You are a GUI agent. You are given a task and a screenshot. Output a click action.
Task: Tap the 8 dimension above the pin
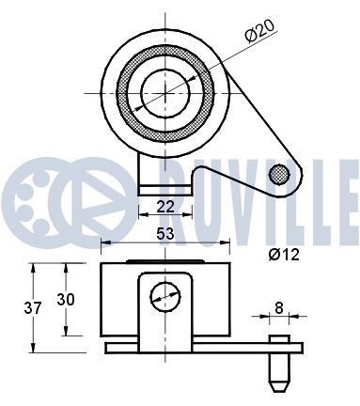point(279,306)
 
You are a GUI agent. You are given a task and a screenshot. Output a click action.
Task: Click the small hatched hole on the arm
point(278,174)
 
